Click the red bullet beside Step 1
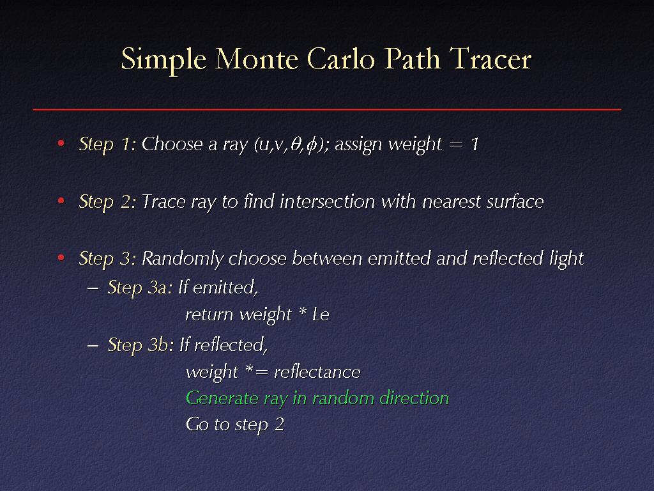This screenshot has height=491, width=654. (61, 144)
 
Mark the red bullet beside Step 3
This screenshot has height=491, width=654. (61, 258)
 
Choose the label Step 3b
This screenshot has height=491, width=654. (140, 345)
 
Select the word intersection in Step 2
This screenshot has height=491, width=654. (328, 201)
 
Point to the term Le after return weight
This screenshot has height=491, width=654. (321, 315)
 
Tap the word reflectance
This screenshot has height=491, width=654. (317, 371)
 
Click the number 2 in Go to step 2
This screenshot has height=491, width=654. (280, 425)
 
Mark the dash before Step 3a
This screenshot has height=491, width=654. (93, 288)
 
